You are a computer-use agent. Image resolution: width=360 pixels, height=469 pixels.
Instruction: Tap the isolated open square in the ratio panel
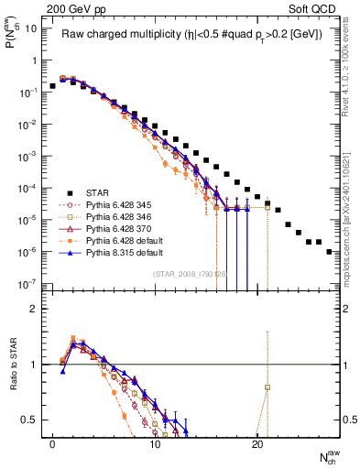267,387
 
